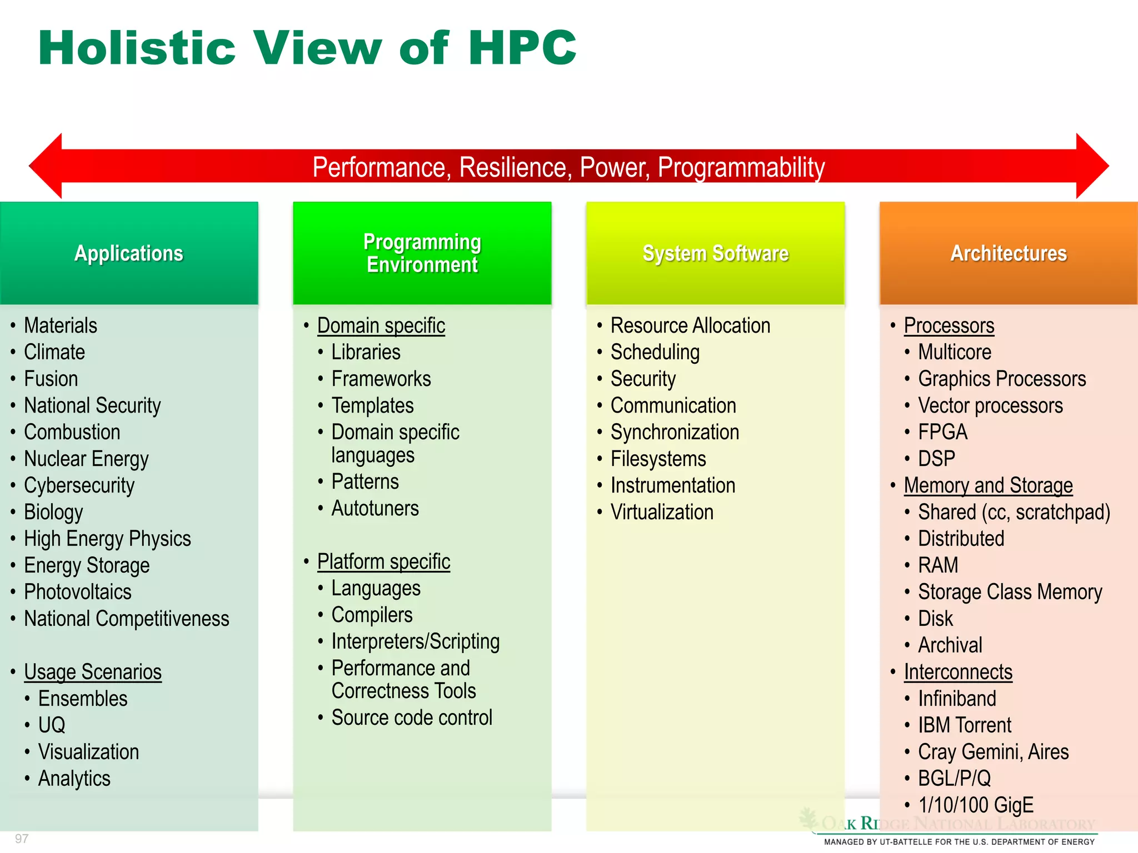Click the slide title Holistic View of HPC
[x=307, y=48]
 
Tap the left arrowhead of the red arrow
[x=47, y=166]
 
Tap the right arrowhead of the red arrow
[x=1091, y=166]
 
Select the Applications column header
[x=129, y=253]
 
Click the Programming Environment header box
[x=422, y=253]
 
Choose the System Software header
[x=716, y=253]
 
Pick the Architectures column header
[x=1009, y=253]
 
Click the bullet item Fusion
[x=51, y=379]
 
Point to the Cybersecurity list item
[x=79, y=486]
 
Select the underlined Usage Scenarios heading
[x=93, y=673]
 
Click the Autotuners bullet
[x=375, y=509]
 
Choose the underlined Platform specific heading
[x=383, y=562]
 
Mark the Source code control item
[x=412, y=718]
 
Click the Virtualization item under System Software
[x=662, y=513]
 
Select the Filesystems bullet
[x=658, y=459]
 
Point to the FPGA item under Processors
[x=942, y=433]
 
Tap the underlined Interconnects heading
[x=958, y=673]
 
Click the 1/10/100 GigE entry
[x=976, y=805]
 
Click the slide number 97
[x=22, y=839]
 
